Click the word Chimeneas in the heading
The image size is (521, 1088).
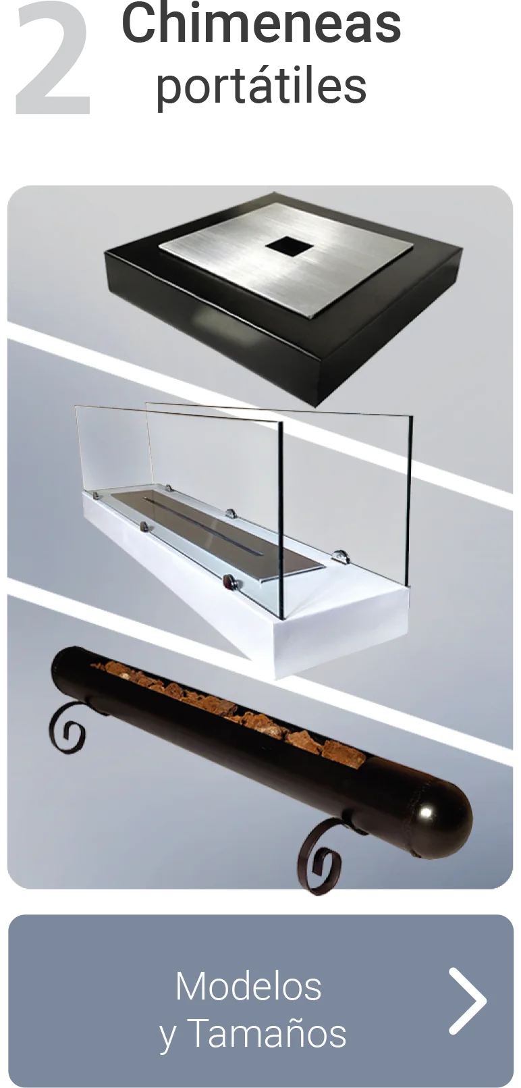pyautogui.click(x=261, y=24)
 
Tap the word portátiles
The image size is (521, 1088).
pyautogui.click(x=260, y=86)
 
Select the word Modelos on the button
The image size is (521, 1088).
pyautogui.click(x=248, y=987)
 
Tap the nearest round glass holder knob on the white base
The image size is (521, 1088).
pyautogui.click(x=229, y=581)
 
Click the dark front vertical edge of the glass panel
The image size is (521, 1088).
pyautogui.click(x=281, y=520)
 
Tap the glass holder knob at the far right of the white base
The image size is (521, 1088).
pyautogui.click(x=342, y=556)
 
